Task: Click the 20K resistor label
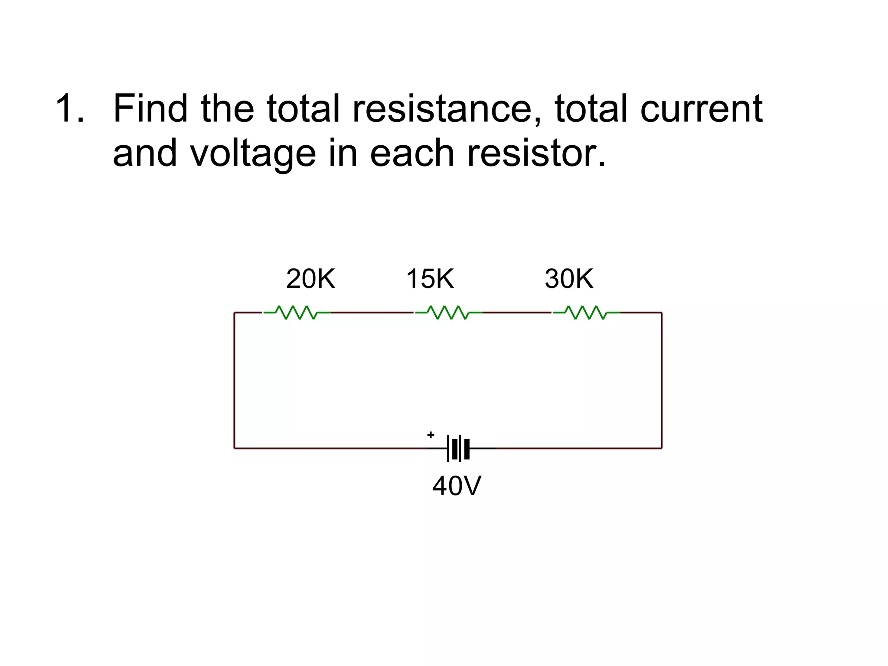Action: tap(310, 279)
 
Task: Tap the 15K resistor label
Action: tap(430, 279)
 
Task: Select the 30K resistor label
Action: tap(569, 279)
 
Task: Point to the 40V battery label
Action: tap(457, 486)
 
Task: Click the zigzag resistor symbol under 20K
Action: tap(297, 312)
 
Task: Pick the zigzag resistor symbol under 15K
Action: tap(448, 312)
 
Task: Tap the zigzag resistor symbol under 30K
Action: tap(586, 312)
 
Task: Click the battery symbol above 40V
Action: tap(459, 448)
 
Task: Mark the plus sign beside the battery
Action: tap(431, 434)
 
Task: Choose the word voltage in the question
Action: tap(253, 153)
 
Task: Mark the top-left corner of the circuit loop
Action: tap(235, 313)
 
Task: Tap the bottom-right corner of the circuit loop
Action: tap(662, 448)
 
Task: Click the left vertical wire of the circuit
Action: tap(235, 380)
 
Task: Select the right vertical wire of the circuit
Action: tap(662, 380)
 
